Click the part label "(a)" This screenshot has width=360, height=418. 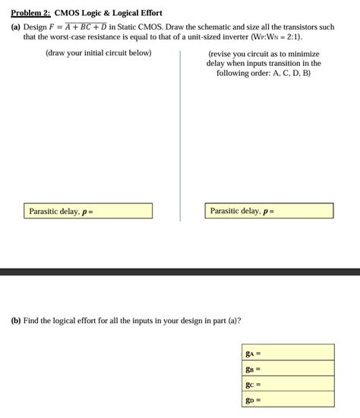(17, 27)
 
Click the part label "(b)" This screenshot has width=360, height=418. (17, 321)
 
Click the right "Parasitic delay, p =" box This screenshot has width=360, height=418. (269, 211)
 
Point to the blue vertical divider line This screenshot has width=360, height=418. (180, 137)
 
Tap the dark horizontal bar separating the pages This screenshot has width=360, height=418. (180, 271)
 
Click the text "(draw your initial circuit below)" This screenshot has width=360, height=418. (99, 53)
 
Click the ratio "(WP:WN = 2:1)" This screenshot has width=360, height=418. (270, 36)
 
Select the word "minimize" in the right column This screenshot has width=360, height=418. (303, 54)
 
